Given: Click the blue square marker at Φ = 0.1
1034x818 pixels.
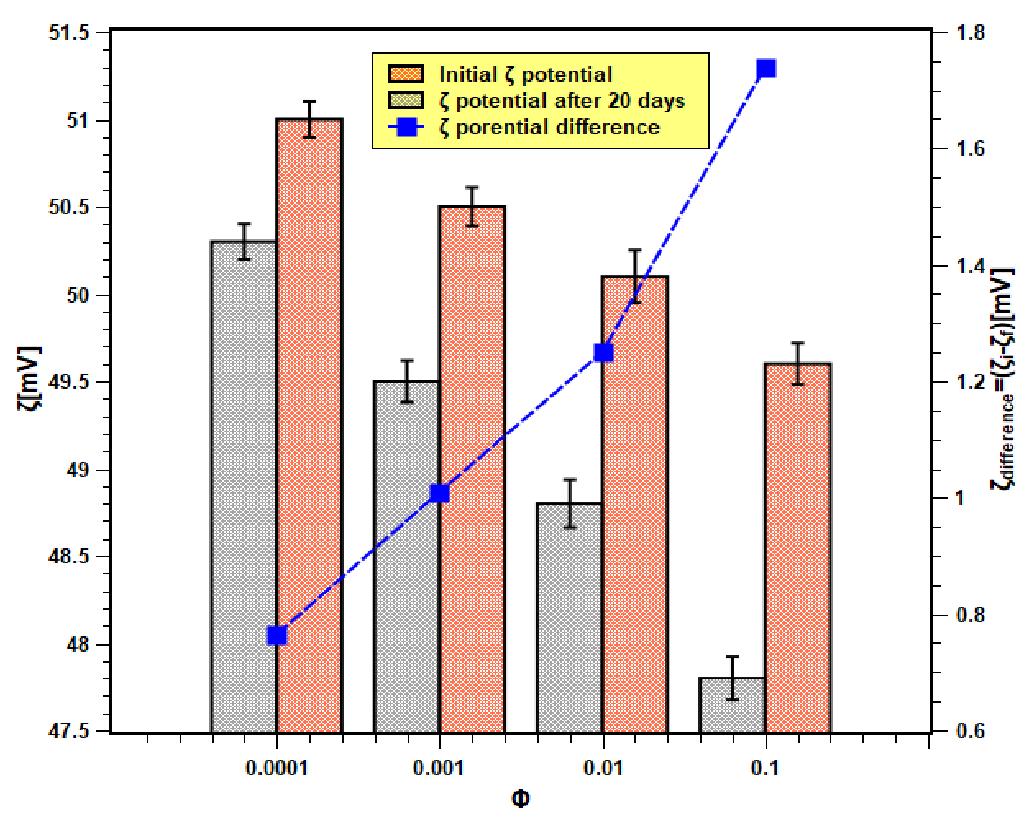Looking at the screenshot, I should (766, 68).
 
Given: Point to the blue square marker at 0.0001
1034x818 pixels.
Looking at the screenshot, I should (277, 635).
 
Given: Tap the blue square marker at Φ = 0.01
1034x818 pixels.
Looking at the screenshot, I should (603, 353).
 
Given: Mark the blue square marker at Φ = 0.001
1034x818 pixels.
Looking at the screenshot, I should (439, 493).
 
